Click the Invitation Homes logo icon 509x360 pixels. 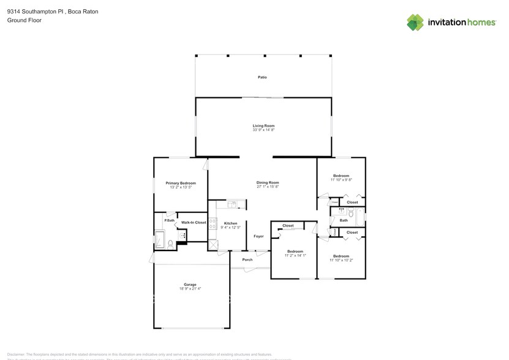[415, 22]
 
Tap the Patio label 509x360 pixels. [262, 77]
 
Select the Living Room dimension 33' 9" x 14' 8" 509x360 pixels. [263, 130]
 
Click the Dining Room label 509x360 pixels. [268, 182]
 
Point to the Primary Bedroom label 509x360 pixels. [181, 183]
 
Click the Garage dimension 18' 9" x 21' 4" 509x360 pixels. [190, 288]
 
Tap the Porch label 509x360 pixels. [247, 260]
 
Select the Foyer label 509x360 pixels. [258, 236]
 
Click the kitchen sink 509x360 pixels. [232, 205]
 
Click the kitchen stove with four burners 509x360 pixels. [213, 224]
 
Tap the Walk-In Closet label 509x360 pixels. [194, 222]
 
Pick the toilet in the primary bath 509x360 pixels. [170, 244]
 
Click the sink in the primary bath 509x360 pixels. [182, 236]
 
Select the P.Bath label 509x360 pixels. [169, 220]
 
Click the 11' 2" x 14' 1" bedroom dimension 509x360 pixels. [295, 255]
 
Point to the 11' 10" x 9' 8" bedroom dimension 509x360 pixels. [341, 180]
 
